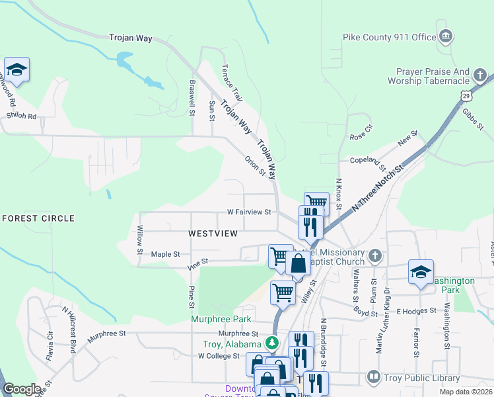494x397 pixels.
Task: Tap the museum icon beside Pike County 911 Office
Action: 445,35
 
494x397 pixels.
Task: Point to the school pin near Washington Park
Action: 421,272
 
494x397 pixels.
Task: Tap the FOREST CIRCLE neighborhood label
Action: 38,218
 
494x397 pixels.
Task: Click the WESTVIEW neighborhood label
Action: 213,234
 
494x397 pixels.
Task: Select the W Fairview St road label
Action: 250,212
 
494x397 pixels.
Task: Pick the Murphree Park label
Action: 221,319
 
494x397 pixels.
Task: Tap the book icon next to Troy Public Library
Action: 373,378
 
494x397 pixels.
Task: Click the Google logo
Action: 22,389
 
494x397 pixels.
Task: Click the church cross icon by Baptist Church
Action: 374,255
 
